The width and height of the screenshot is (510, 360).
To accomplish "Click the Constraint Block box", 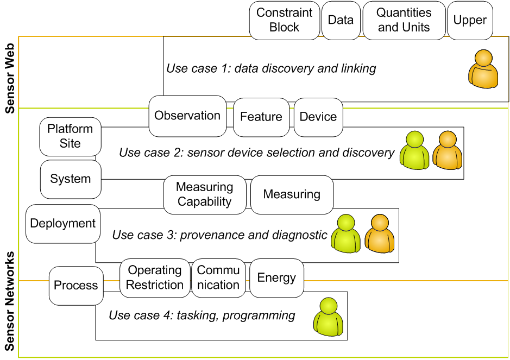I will [284, 20].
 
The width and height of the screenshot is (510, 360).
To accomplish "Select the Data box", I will [341, 20].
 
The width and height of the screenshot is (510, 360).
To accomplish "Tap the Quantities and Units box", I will [404, 20].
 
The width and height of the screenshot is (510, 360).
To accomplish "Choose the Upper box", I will [470, 20].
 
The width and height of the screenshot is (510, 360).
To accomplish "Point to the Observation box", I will [187, 116].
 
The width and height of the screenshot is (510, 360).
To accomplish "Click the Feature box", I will [261, 117].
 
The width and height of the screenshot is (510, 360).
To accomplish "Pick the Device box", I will [318, 117].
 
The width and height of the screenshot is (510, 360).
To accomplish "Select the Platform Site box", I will [70, 136].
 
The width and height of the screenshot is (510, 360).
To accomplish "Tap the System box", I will [70, 179].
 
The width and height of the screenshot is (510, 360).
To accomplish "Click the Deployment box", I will [63, 223].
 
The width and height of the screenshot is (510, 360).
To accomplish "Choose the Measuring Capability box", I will [205, 194].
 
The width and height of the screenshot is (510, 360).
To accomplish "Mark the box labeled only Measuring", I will [292, 194].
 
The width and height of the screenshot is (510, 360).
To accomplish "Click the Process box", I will [76, 285].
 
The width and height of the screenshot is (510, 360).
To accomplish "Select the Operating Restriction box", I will [155, 277].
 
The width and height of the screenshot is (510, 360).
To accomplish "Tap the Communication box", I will [218, 277].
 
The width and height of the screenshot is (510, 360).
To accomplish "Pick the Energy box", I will [276, 277].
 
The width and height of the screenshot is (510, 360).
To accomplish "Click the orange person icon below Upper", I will [483, 69].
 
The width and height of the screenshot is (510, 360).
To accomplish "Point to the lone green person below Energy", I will [328, 317].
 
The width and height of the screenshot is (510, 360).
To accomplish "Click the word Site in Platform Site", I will [70, 143].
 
